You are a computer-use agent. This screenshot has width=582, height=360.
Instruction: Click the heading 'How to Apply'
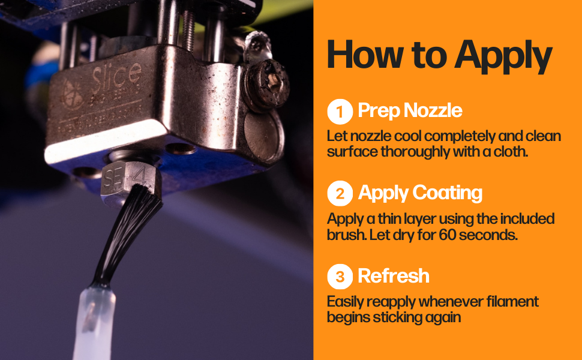(x=439, y=55)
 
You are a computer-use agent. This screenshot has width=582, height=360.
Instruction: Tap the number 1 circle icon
(x=340, y=112)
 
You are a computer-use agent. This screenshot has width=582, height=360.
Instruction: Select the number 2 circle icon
(x=340, y=194)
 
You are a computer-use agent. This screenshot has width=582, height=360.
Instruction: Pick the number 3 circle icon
(x=340, y=276)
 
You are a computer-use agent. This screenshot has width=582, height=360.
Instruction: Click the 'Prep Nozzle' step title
(x=410, y=111)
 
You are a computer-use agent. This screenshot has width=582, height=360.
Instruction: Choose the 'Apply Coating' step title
(x=420, y=193)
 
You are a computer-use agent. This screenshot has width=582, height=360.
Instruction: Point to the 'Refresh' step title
(x=394, y=275)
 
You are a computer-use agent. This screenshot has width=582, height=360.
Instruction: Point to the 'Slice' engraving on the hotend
(x=117, y=76)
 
